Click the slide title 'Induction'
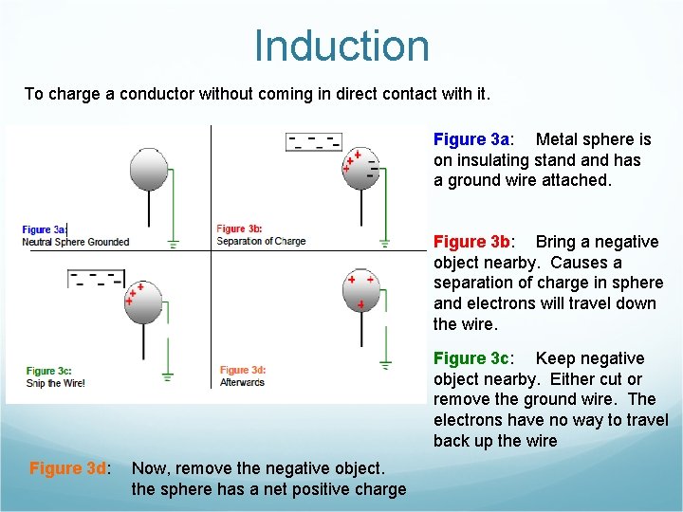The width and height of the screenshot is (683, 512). tap(341, 46)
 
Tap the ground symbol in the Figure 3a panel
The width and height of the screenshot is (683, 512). tap(173, 243)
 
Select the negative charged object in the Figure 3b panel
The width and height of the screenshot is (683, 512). tap(314, 141)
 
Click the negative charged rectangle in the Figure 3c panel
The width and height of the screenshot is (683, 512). tap(97, 279)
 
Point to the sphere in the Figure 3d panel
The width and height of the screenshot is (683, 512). tap(360, 292)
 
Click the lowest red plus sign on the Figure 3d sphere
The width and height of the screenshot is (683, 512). tap(361, 304)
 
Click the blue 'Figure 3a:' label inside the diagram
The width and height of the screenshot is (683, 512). tap(44, 229)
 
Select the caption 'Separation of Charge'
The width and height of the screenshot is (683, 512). tap(261, 241)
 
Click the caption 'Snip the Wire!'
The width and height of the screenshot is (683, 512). tap(56, 383)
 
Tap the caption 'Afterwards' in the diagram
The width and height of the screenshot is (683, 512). tap(242, 382)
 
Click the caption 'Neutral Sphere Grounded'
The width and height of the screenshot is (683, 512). tap(76, 242)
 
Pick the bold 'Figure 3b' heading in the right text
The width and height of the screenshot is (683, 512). tap(471, 242)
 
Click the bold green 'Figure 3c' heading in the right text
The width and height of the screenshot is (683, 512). tap(471, 358)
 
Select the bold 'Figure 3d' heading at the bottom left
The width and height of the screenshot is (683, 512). tap(69, 468)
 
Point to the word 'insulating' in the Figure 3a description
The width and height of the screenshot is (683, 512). tap(496, 160)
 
